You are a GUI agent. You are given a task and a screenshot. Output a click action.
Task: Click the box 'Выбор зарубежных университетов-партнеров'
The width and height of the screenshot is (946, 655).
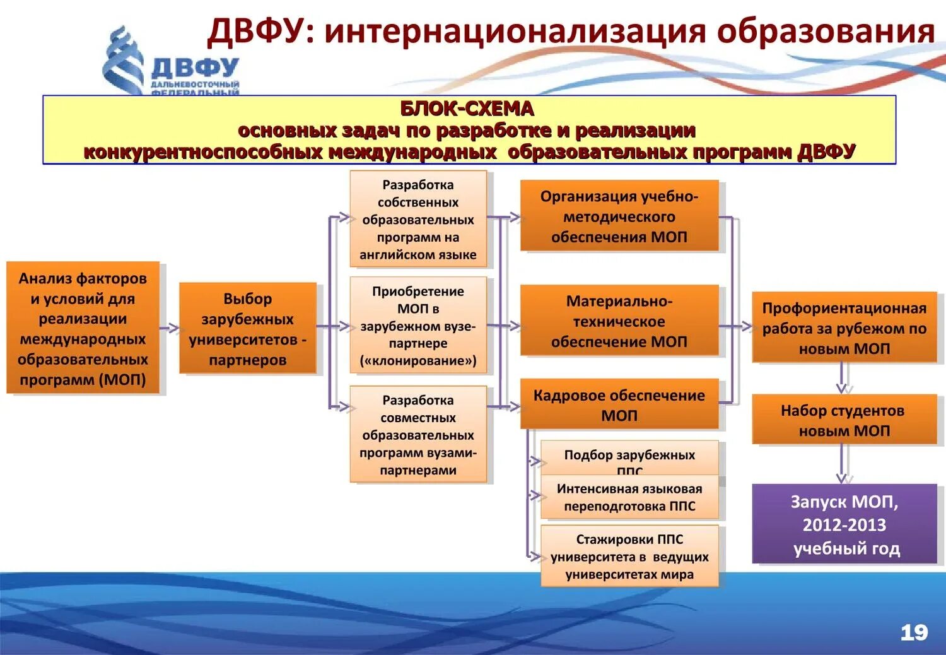(x=247, y=329)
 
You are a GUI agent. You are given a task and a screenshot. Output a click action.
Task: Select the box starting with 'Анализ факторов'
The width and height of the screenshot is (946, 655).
(x=83, y=328)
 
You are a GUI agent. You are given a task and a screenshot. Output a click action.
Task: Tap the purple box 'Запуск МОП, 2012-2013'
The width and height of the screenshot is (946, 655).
(x=844, y=524)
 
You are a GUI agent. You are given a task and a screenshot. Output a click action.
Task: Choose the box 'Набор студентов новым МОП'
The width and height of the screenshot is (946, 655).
(x=844, y=420)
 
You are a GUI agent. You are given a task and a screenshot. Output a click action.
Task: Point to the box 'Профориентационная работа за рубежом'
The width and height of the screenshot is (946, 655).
(x=844, y=327)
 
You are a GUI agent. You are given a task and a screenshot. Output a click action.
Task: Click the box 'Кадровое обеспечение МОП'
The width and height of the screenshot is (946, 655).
(x=619, y=404)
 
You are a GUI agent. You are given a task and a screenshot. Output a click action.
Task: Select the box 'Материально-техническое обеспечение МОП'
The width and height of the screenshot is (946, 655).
(x=619, y=321)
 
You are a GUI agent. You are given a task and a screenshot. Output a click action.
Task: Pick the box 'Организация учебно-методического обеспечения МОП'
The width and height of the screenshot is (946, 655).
(x=619, y=216)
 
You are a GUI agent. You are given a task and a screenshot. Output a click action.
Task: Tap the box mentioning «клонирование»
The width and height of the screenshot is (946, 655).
(x=418, y=326)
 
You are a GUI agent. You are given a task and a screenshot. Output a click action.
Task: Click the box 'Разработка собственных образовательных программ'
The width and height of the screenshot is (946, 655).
(x=418, y=219)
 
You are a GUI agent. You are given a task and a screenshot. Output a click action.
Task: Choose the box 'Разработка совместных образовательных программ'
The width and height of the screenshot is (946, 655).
(x=418, y=434)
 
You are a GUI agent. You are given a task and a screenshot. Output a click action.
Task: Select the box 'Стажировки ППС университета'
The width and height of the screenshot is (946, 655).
(x=629, y=556)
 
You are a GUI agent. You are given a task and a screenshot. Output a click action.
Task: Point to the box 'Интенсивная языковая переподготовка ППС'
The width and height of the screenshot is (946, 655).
(x=629, y=497)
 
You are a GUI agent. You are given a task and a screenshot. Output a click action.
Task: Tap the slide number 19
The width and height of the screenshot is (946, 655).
(x=914, y=632)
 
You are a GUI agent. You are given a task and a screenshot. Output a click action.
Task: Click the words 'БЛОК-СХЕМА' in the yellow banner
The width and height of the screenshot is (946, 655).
(x=467, y=109)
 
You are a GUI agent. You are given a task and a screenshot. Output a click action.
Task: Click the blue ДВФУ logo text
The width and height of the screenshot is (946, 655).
(x=195, y=68)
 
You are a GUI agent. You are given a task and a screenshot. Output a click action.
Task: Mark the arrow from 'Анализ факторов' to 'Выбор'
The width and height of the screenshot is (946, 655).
(x=170, y=328)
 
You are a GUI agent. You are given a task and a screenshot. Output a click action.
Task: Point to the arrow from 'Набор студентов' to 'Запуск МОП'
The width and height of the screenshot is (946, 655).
(x=841, y=464)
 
